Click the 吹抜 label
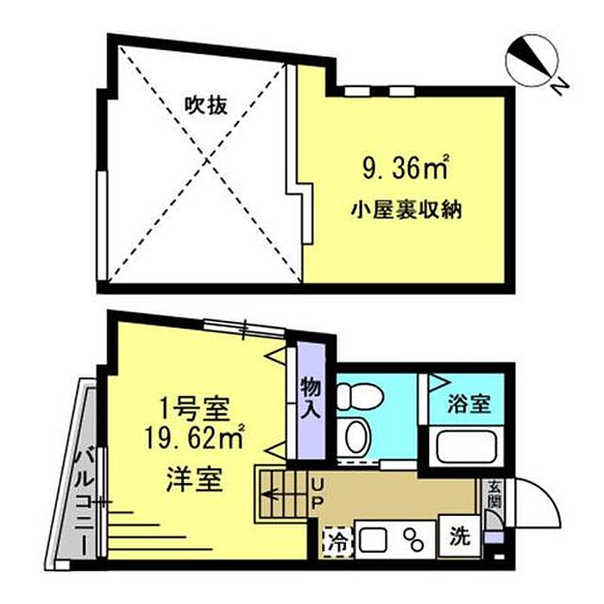pos(206,106)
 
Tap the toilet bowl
pos(354,396)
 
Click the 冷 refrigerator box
pos(338,543)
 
